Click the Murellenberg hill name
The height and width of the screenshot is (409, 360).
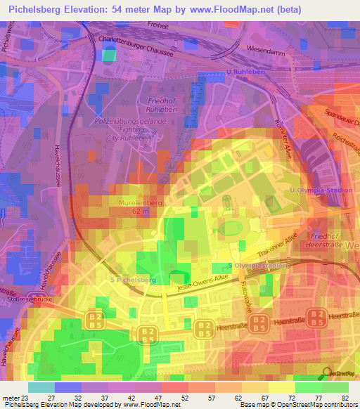[x=127, y=202]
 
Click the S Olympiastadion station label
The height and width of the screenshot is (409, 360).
[x=259, y=265]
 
